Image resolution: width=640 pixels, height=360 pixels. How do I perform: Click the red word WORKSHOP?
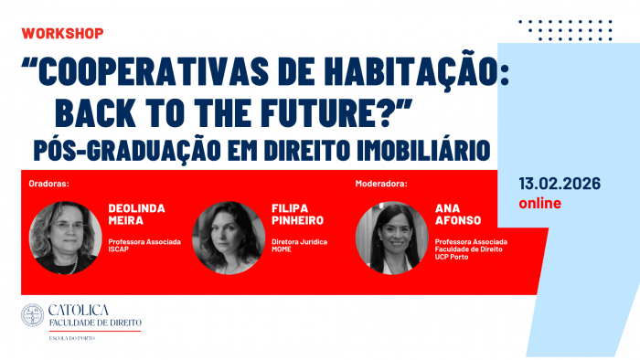62,33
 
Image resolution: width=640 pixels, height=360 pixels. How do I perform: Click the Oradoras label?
49,183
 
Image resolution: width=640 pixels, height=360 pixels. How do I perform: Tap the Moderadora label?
381,183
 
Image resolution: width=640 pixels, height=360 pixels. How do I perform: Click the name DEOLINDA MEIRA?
136,214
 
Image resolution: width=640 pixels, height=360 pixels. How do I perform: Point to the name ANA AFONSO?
459,214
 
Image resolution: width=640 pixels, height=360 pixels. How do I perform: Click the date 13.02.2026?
559,183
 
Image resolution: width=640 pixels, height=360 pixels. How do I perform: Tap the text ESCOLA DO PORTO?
72,338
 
